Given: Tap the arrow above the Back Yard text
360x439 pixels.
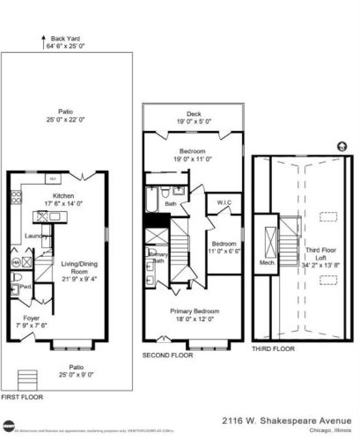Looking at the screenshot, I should click(x=42, y=37).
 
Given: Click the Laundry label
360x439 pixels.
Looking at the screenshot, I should click(x=35, y=235).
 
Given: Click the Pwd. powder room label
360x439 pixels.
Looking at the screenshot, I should click(x=26, y=285).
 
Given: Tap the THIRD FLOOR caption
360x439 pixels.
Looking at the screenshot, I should click(x=272, y=348).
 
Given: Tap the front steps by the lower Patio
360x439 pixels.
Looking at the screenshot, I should click(x=27, y=380).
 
